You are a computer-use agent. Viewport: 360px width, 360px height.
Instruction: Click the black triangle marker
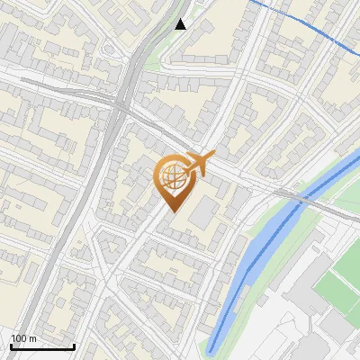click(x=181, y=24)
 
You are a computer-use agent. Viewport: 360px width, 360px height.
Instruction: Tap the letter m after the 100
click(x=33, y=338)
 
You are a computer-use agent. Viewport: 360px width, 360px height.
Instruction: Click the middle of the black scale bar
click(x=42, y=346)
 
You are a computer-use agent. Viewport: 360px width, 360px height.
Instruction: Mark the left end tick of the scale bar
click(x=11, y=346)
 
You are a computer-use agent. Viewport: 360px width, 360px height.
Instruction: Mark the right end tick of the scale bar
click(x=74, y=346)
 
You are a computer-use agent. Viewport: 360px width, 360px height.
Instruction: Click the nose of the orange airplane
click(x=214, y=157)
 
